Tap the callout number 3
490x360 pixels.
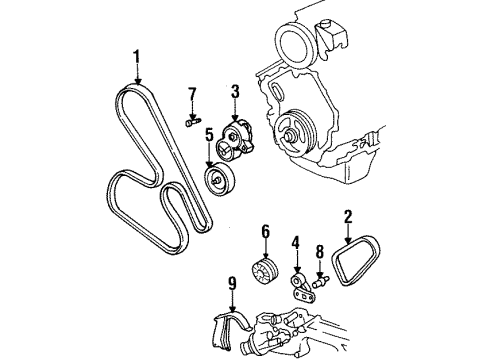point(234,93)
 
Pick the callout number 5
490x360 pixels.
point(209,134)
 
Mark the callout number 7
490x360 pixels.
point(192,94)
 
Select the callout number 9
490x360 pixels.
point(232,284)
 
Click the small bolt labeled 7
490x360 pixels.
point(191,124)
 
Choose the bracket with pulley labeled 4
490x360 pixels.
point(298,283)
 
